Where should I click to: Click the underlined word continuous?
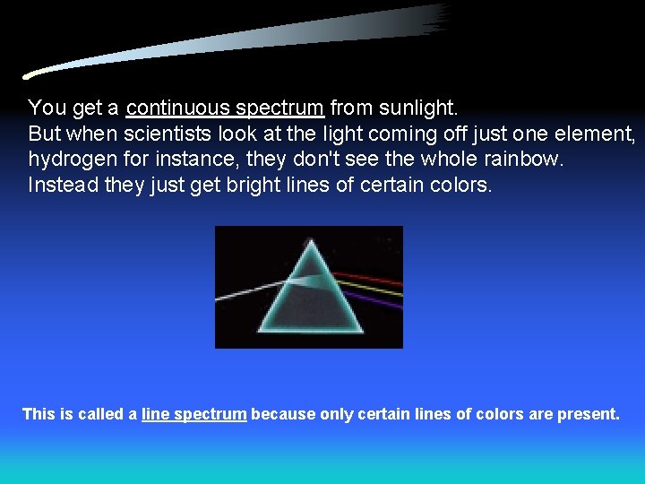(177, 108)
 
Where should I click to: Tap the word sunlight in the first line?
(419, 108)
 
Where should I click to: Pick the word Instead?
(60, 186)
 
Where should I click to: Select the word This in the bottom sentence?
(39, 414)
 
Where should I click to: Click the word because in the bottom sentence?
(283, 414)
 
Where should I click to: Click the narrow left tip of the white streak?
(30, 76)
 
